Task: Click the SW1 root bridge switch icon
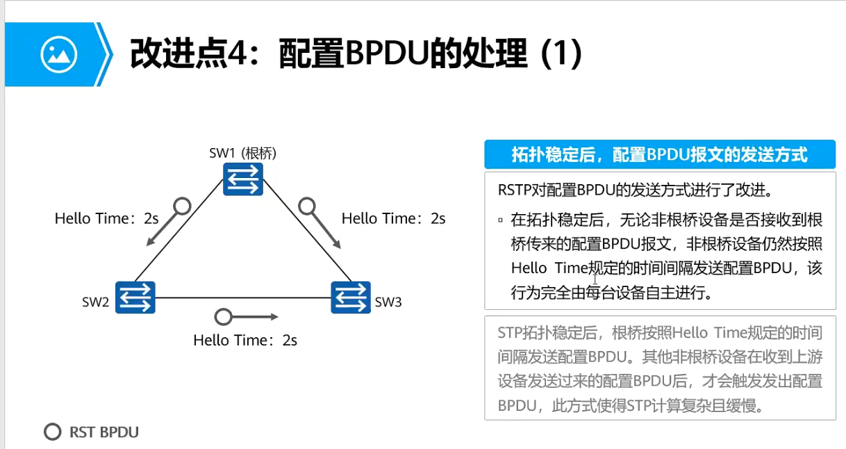pos(243,179)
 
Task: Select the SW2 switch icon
pos(135,298)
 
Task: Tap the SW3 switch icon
pos(350,298)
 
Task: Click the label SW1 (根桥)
pos(242,153)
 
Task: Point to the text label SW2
pos(95,302)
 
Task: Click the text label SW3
pos(388,302)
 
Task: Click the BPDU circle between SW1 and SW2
pos(181,206)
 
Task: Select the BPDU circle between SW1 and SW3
pos(307,206)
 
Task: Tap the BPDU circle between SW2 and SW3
pos(223,317)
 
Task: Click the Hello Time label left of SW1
pos(107,219)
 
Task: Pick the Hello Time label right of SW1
pos(393,219)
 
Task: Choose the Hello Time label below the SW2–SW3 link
pos(245,341)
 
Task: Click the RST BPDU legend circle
pos(53,432)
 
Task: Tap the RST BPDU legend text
pos(104,432)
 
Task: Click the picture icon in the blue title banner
pos(58,54)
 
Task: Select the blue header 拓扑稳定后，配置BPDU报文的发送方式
pos(660,154)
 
